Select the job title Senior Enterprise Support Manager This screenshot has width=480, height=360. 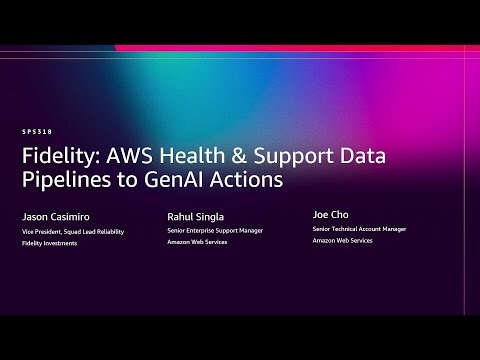tap(215, 231)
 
